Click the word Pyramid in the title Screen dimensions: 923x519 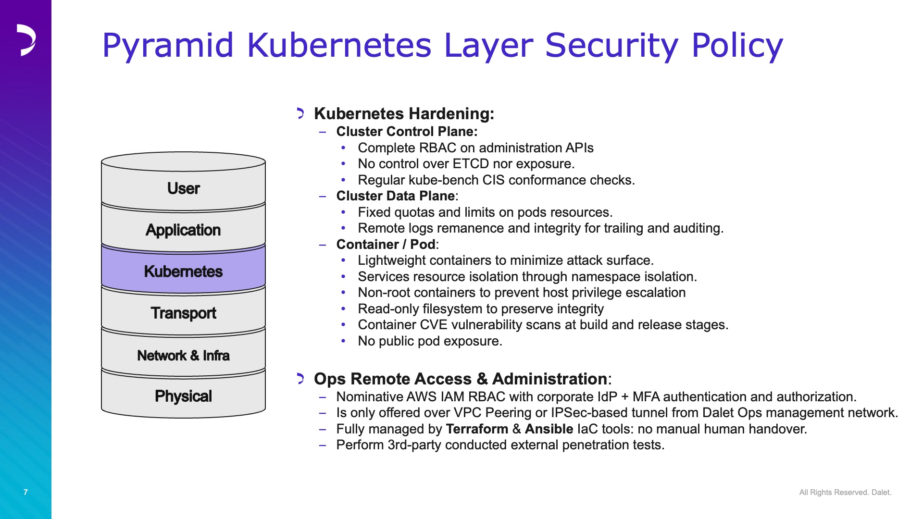(x=168, y=46)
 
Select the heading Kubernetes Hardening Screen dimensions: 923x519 (x=404, y=113)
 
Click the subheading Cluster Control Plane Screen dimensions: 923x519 (x=407, y=131)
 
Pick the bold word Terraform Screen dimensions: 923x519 (x=477, y=429)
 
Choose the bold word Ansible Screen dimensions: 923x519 (x=549, y=429)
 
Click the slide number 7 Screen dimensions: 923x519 (x=25, y=492)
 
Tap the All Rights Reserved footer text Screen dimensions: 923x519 (x=845, y=492)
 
